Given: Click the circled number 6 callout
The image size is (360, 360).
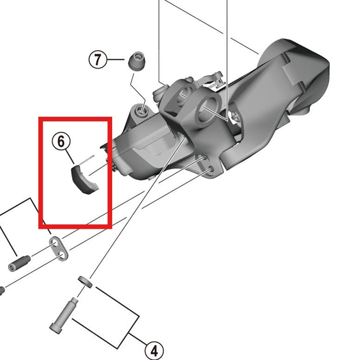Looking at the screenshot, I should (x=61, y=141).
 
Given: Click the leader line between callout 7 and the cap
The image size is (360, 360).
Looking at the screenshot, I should (x=115, y=60).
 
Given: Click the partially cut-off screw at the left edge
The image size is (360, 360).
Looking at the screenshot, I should (x=2, y=291).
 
